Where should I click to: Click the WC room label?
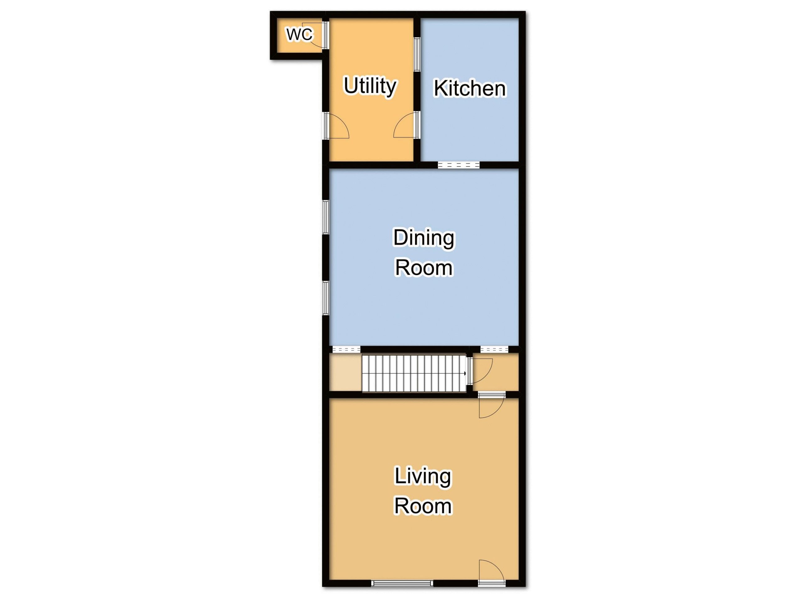tap(299, 35)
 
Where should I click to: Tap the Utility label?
tap(370, 86)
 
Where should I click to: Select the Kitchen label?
tap(470, 88)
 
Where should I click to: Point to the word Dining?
tap(423, 238)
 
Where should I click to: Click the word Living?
tap(423, 477)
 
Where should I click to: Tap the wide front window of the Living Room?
tap(402, 583)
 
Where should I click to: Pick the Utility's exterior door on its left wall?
tap(336, 125)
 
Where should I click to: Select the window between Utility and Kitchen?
tap(417, 54)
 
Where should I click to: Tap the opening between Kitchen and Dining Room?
tap(459, 165)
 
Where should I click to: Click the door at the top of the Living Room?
tap(492, 405)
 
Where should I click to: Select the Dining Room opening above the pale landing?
tap(346, 349)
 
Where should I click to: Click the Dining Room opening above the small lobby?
tap(494, 349)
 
